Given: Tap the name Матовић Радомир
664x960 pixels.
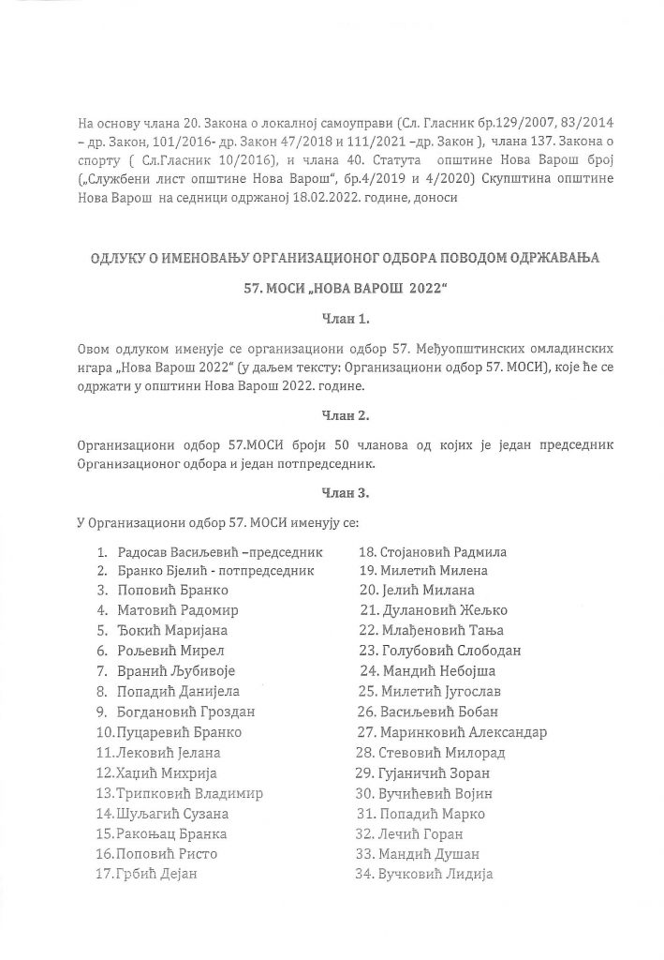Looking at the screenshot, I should [x=174, y=610].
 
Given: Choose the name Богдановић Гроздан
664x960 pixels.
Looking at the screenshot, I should [x=187, y=712].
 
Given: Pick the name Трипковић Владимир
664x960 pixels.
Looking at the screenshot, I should [x=188, y=793].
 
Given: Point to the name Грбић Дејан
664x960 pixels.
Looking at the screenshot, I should [x=156, y=875].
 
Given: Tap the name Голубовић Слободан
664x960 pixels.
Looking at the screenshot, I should [x=451, y=651].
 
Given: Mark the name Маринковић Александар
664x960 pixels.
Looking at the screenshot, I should [x=464, y=732].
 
